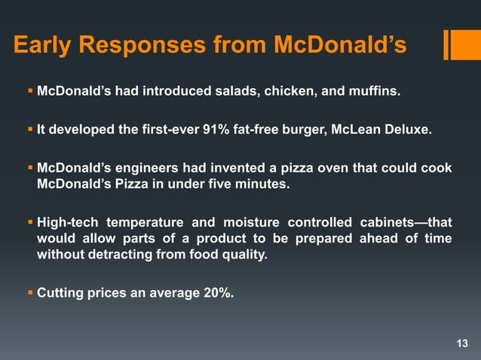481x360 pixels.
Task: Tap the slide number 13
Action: click(462, 344)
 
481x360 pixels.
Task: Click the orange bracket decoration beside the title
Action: click(457, 44)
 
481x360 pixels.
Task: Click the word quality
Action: click(245, 255)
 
